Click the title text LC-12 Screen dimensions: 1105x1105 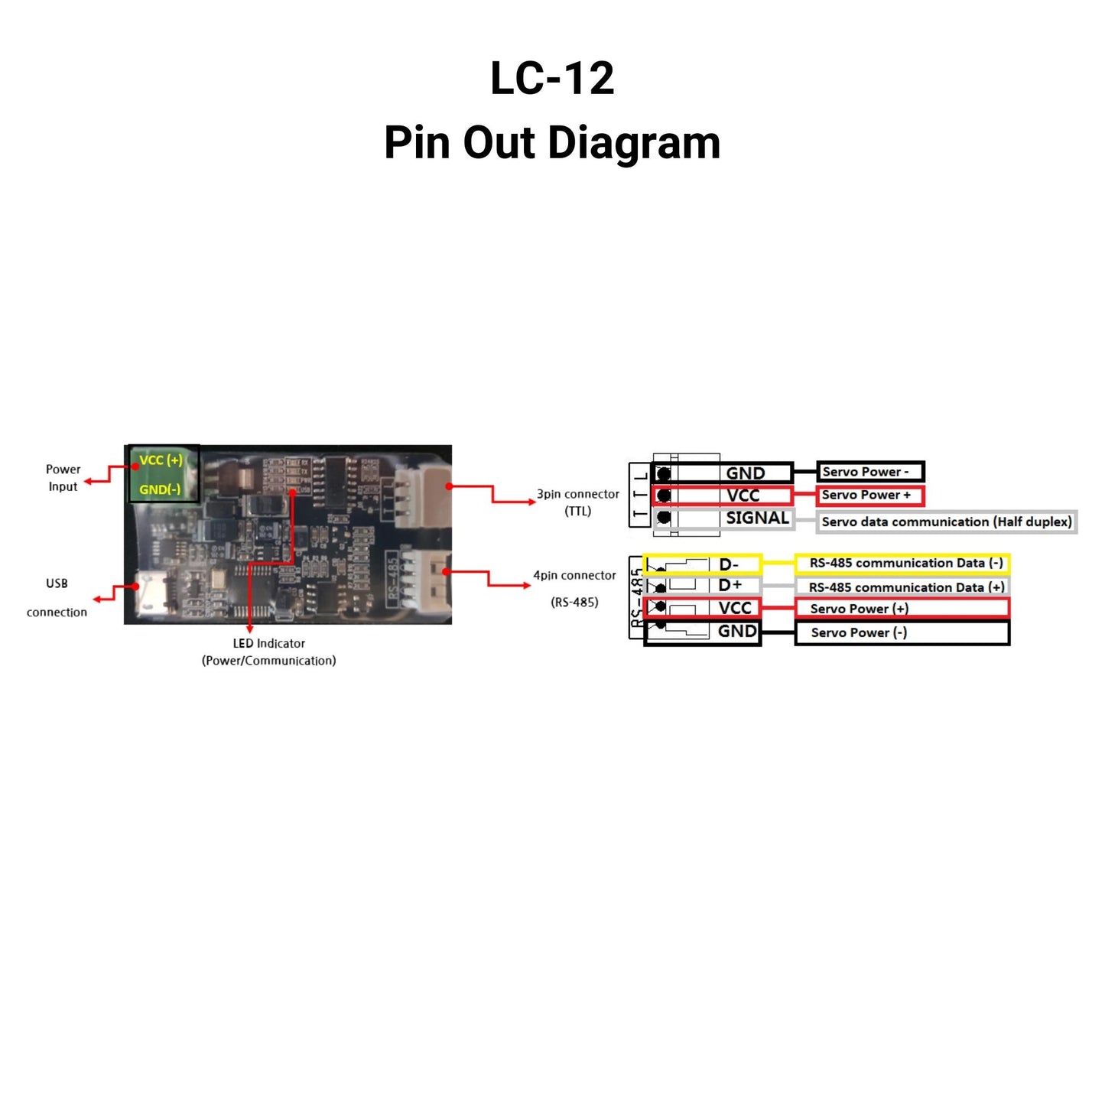(552, 78)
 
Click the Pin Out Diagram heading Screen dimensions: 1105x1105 (552, 143)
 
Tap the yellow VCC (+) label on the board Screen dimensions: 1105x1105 (161, 460)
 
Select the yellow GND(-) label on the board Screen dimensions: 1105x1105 (160, 489)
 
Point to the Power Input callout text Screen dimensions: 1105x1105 (63, 478)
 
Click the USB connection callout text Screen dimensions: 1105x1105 (57, 597)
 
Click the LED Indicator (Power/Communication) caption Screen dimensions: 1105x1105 (268, 652)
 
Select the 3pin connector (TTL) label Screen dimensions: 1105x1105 (577, 502)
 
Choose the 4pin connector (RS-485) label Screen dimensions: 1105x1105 (574, 588)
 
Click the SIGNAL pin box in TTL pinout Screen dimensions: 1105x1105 (723, 518)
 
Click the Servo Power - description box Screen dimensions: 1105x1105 (870, 472)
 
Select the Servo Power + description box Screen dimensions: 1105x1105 (870, 496)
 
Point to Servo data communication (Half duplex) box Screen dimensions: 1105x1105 (946, 522)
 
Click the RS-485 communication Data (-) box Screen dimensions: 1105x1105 (902, 564)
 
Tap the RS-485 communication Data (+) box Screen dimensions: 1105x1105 (902, 587)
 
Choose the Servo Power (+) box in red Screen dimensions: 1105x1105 (902, 609)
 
